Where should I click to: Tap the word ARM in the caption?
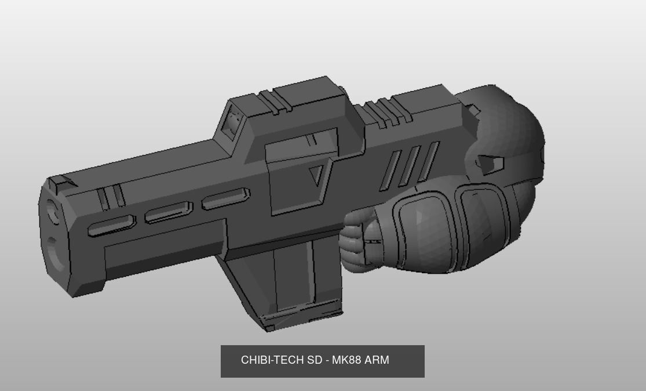pyautogui.click(x=377, y=360)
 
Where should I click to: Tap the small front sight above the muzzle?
pyautogui.click(x=60, y=184)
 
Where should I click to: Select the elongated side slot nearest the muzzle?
pyautogui.click(x=111, y=226)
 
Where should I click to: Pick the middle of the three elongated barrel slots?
pyautogui.click(x=168, y=212)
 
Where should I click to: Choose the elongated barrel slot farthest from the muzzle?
pyautogui.click(x=225, y=198)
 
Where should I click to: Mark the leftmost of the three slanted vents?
pyautogui.click(x=389, y=171)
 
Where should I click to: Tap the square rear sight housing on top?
pyautogui.click(x=235, y=121)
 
